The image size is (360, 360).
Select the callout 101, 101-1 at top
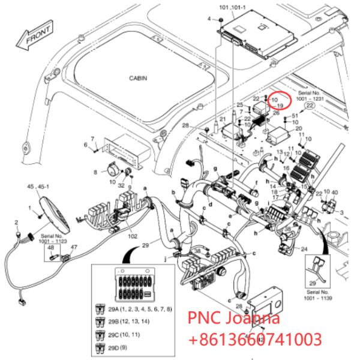click(234, 8)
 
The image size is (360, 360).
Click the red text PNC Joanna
click(234, 318)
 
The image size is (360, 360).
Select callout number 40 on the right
click(335, 192)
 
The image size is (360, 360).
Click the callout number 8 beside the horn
click(95, 172)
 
